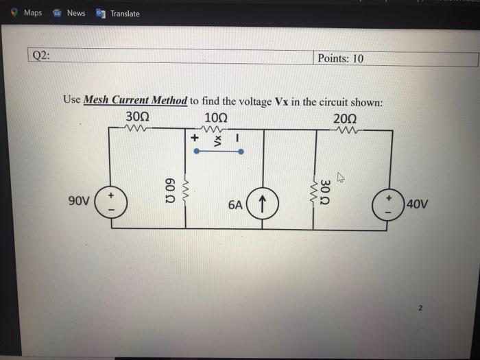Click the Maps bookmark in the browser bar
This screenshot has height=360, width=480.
27,12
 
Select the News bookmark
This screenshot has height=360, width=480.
71,12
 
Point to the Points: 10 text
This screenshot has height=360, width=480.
341,58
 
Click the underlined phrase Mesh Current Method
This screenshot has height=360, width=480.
135,100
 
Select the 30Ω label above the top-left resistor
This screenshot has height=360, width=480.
137,116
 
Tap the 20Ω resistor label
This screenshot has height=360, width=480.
345,117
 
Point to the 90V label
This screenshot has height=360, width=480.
80,202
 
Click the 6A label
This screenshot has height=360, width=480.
235,204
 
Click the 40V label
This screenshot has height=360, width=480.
418,204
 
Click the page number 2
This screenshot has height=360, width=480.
421,308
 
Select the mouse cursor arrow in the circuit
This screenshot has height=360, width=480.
339,180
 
